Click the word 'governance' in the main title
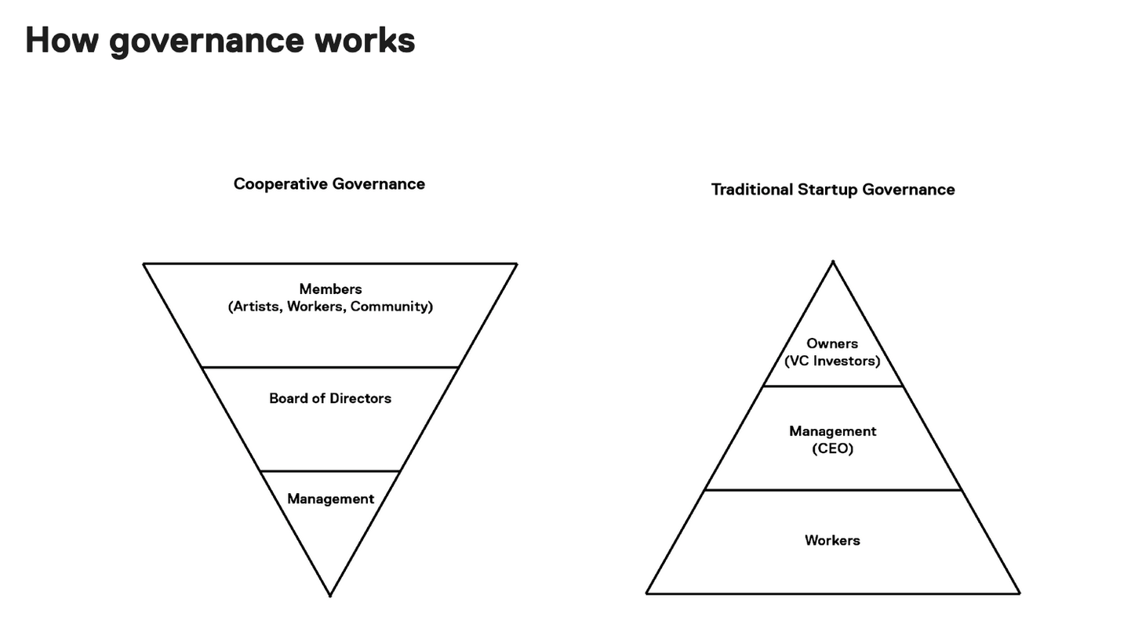click(206, 42)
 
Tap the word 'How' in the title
click(62, 40)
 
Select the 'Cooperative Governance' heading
click(329, 184)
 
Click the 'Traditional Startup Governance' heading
click(833, 190)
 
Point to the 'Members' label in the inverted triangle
click(330, 289)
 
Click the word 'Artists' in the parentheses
click(256, 307)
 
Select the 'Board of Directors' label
click(330, 398)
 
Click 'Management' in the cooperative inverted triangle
click(331, 499)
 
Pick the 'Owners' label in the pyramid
click(832, 343)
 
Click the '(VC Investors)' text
click(832, 361)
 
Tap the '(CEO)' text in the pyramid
click(832, 448)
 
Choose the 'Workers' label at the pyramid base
click(832, 540)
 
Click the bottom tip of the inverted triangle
click(330, 595)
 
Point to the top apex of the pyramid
click(833, 261)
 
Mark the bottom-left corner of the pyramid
click(646, 593)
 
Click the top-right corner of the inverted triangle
click(517, 264)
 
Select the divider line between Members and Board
click(330, 367)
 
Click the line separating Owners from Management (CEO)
click(833, 386)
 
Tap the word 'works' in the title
click(365, 40)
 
